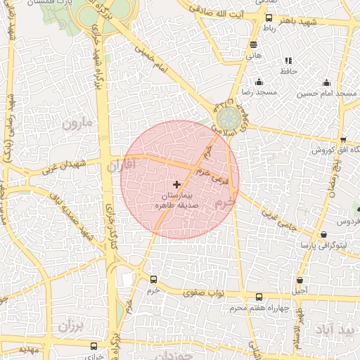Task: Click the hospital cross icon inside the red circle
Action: tap(176, 184)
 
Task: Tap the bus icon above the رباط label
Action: tap(269, 18)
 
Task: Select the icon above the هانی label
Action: tap(252, 45)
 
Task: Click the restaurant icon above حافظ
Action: tap(288, 61)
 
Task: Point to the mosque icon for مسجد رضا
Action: tap(259, 82)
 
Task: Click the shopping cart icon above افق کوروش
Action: tap(342, 140)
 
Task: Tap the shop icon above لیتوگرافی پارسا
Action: tap(323, 235)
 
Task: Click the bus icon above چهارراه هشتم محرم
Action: tap(259, 297)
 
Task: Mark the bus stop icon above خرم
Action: tap(154, 279)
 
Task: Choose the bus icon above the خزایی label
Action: tap(94, 347)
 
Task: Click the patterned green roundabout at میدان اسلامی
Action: tap(226, 117)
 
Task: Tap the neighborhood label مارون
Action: tap(77, 124)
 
